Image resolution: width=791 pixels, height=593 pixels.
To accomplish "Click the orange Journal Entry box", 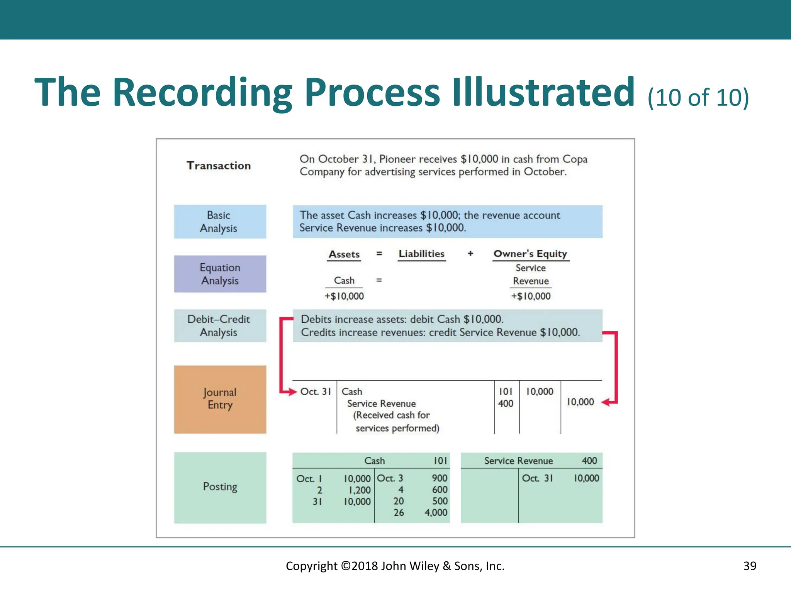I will pyautogui.click(x=220, y=399).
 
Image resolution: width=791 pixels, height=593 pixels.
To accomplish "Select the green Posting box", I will pyautogui.click(x=220, y=487).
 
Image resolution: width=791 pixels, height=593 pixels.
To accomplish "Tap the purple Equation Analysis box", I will pyautogui.click(x=220, y=274).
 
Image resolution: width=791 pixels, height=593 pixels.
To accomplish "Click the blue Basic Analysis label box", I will pyautogui.click(x=220, y=222).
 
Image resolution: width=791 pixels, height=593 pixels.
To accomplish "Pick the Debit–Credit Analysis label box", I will pyautogui.click(x=220, y=325).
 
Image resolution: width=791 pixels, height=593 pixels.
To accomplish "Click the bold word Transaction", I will pyautogui.click(x=219, y=166).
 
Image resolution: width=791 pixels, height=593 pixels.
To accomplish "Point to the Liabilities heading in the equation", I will pyautogui.click(x=421, y=254).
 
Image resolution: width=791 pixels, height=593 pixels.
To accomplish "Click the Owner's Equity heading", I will pyautogui.click(x=530, y=254).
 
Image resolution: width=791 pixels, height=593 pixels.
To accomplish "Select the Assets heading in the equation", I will pyautogui.click(x=344, y=254).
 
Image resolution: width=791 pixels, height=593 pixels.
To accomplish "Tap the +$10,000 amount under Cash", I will pyautogui.click(x=344, y=296).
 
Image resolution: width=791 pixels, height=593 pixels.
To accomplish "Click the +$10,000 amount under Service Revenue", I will pyautogui.click(x=531, y=296).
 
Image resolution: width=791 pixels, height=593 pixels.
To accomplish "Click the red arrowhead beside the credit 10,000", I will pyautogui.click(x=606, y=402).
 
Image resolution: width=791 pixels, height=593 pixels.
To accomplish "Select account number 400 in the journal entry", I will pyautogui.click(x=506, y=403).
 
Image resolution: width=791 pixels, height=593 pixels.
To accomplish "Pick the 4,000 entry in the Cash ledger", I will pyautogui.click(x=436, y=513).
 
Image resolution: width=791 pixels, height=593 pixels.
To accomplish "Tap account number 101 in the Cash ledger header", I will pyautogui.click(x=440, y=461).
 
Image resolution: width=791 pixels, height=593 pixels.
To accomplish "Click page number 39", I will pyautogui.click(x=750, y=566).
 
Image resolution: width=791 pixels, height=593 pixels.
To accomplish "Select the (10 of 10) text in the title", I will pyautogui.click(x=698, y=97).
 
